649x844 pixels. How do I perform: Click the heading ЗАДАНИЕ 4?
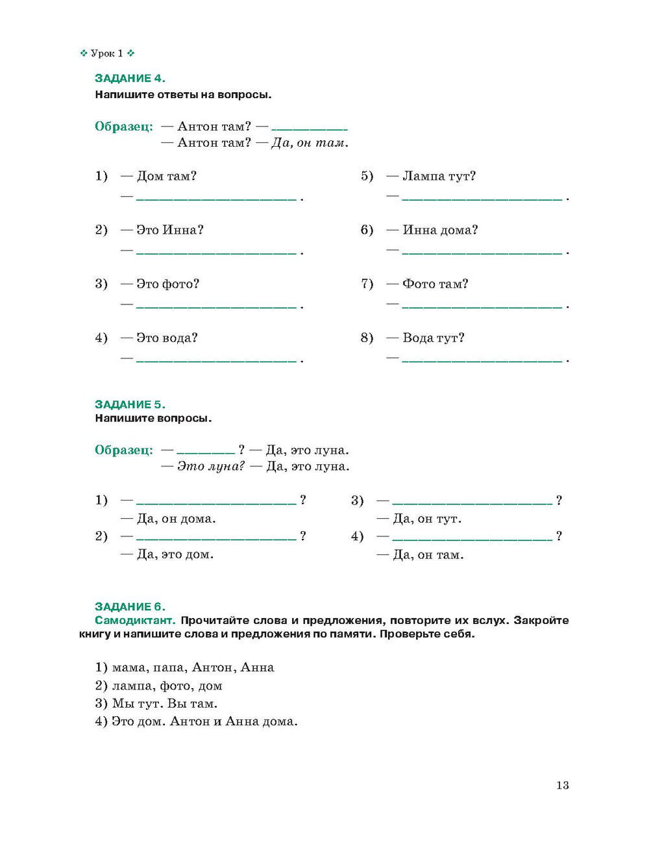click(130, 79)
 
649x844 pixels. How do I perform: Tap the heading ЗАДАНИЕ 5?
click(130, 404)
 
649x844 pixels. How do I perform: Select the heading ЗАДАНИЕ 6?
click(130, 607)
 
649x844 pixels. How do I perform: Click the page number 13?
click(563, 786)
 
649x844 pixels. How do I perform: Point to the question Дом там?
click(167, 176)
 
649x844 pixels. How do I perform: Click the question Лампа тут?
click(439, 176)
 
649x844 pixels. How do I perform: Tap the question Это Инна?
click(170, 230)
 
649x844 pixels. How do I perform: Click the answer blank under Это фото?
click(216, 305)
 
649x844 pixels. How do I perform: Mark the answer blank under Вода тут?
click(482, 359)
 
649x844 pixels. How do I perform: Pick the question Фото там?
click(435, 284)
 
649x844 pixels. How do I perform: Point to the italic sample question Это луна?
click(211, 466)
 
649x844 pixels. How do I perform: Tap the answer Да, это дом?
click(175, 554)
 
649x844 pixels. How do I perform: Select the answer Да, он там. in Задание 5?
click(428, 555)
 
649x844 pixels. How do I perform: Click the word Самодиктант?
click(135, 621)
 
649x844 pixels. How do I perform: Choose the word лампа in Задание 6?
click(131, 686)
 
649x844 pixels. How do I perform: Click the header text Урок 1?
click(107, 54)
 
